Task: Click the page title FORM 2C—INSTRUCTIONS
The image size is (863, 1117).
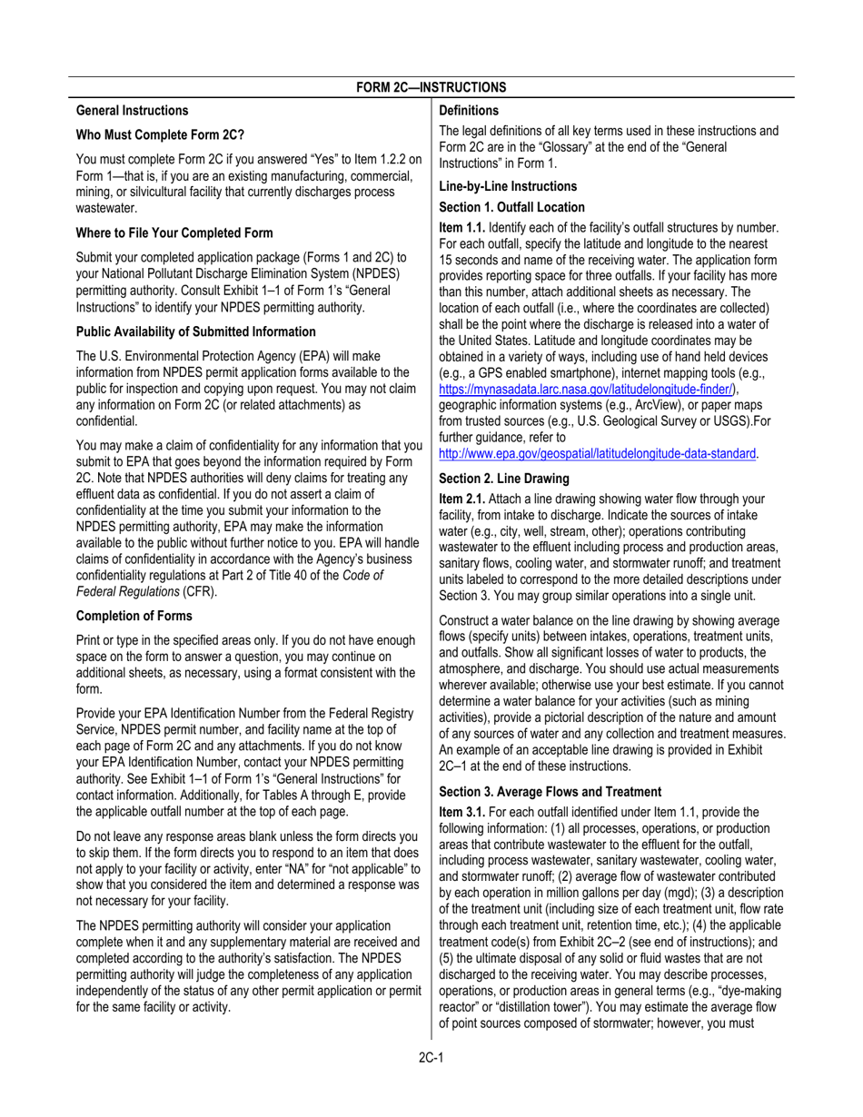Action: coord(431,87)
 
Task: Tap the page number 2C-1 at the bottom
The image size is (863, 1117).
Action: coord(431,1057)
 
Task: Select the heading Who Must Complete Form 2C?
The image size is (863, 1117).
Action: coord(160,135)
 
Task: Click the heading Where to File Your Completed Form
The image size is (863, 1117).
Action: coord(174,233)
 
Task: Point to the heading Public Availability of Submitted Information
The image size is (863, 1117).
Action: coord(196,331)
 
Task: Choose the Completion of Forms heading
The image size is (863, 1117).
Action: coord(134,616)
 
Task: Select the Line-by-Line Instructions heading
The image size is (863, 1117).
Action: coord(508,186)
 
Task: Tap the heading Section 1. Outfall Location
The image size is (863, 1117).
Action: coord(511,207)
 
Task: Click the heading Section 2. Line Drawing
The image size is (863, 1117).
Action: coord(504,478)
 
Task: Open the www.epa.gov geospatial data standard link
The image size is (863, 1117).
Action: coord(598,453)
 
